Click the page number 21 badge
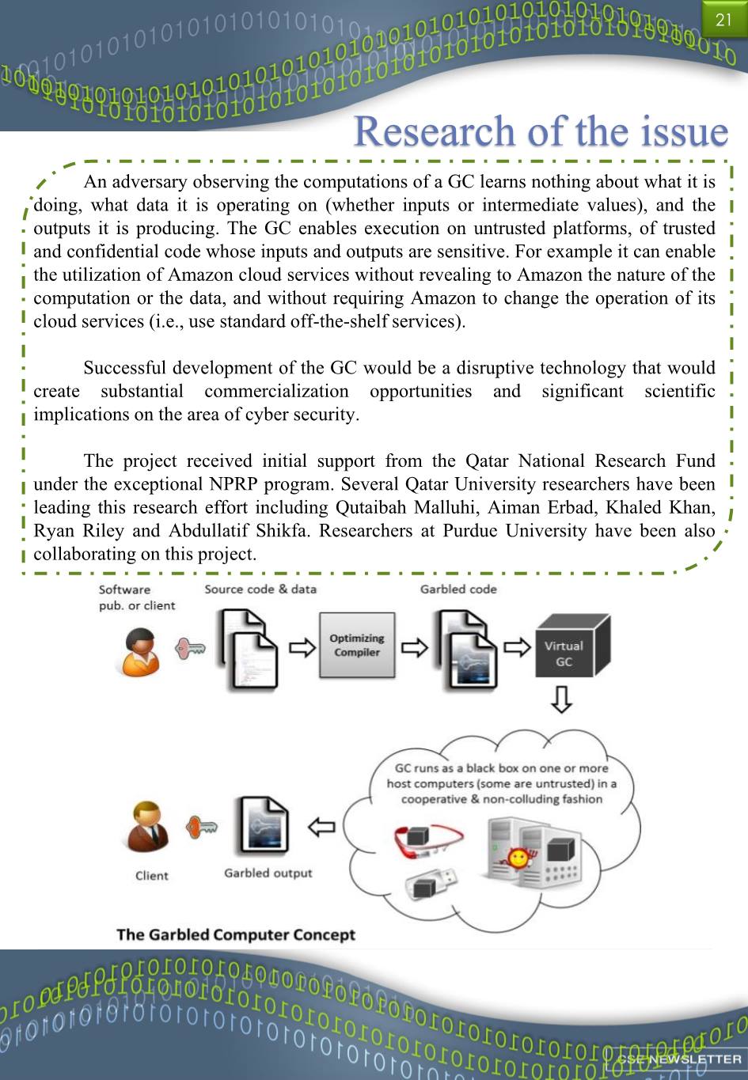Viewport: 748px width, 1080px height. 724,19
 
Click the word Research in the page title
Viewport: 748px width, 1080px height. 434,131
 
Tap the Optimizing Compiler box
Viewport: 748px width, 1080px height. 357,645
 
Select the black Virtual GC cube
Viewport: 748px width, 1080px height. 573,646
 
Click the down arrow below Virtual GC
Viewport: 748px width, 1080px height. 561,699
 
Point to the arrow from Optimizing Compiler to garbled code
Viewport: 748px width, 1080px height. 414,647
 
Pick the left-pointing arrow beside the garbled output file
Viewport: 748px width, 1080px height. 321,827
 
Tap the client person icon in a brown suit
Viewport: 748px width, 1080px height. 147,827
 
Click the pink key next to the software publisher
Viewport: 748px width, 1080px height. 190,649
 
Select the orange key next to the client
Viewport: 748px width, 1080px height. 201,827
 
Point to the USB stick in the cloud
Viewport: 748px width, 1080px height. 431,884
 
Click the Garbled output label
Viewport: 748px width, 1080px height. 268,873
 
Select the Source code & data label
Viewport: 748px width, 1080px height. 260,589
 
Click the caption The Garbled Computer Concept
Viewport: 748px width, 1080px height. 236,935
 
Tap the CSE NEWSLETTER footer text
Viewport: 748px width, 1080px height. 680,1059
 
